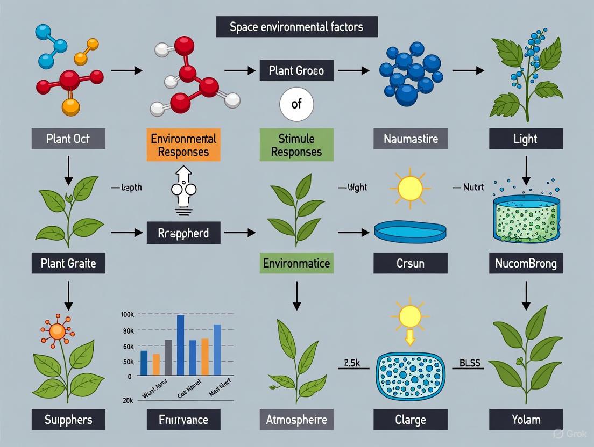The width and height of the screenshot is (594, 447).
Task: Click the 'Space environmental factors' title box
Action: point(296,27)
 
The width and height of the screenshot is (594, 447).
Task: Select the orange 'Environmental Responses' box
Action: point(183,145)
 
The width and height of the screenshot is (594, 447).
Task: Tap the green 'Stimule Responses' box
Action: point(296,145)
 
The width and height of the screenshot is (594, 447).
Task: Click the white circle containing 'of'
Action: point(296,104)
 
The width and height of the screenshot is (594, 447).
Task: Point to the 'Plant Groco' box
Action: point(296,70)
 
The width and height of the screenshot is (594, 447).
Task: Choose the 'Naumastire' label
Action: point(411,139)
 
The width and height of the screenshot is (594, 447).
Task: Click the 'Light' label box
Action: point(526,139)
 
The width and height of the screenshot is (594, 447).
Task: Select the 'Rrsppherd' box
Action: point(183,233)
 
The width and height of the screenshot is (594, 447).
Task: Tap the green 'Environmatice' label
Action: point(296,263)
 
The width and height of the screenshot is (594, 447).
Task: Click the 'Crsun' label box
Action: point(411,263)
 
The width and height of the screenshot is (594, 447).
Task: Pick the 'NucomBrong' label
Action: point(526,263)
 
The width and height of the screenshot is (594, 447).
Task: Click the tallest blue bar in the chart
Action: point(180,345)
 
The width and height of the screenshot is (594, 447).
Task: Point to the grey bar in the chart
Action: point(168,357)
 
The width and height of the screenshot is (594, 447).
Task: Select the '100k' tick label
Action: point(128,314)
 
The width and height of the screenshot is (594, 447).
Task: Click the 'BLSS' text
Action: point(470,364)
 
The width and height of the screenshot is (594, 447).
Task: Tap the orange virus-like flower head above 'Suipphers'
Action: point(57,331)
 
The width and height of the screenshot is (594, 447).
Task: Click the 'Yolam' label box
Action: point(526,419)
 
